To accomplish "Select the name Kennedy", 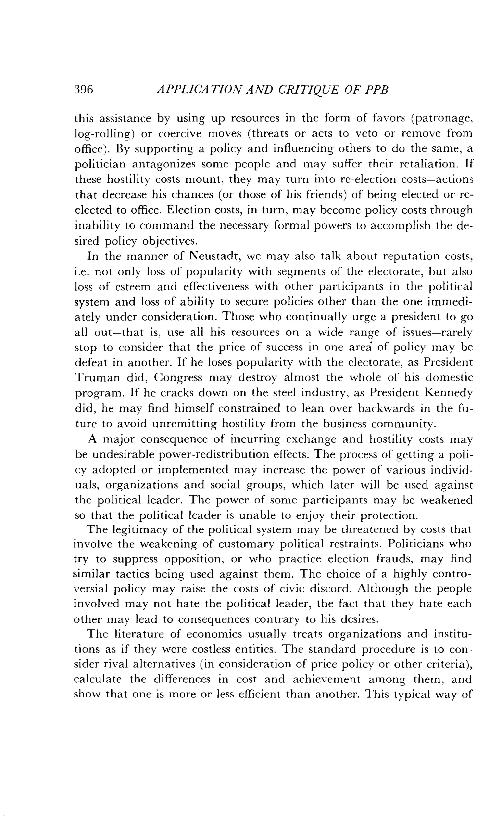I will (448, 393).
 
